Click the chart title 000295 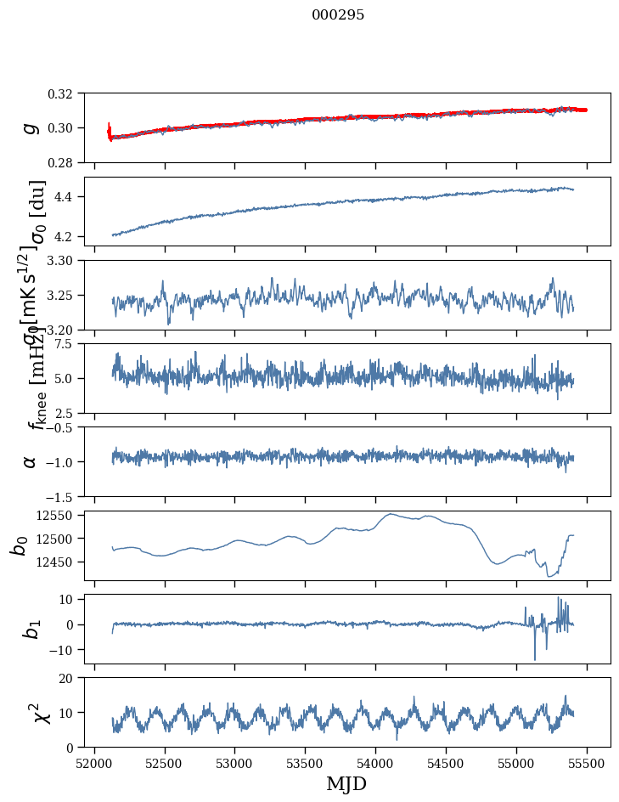click(338, 15)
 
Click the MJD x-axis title click(346, 783)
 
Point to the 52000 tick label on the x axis click(94, 762)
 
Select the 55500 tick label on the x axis click(587, 762)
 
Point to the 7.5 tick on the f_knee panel click(70, 344)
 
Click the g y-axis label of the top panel click(31, 127)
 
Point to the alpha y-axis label click(31, 461)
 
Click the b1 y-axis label click(31, 629)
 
